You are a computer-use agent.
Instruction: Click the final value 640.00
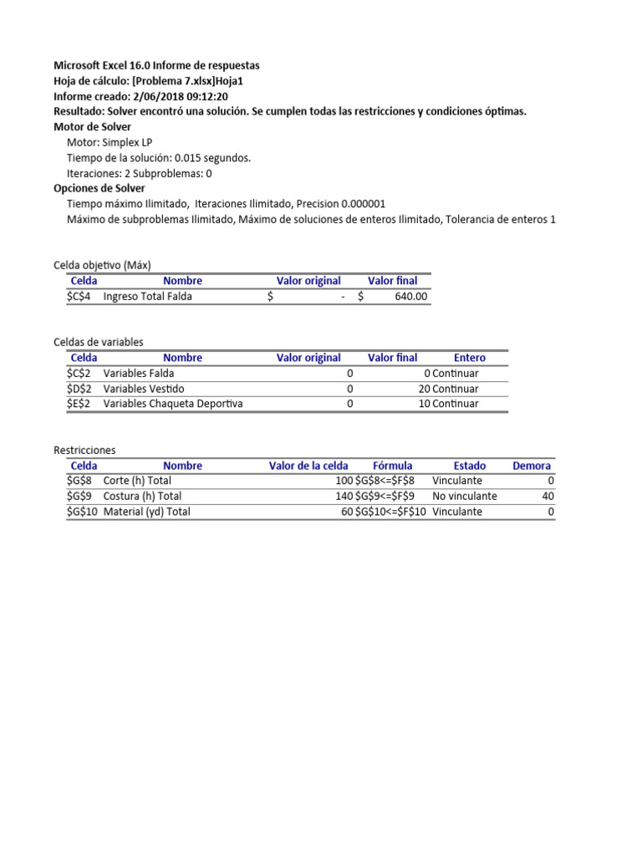coord(410,296)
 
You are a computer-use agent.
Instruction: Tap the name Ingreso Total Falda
coord(147,296)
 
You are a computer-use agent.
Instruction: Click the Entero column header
coord(469,358)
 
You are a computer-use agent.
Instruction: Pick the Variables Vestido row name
coord(144,389)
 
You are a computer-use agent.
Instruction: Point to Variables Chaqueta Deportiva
coord(172,404)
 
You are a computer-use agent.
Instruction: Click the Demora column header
coord(532,466)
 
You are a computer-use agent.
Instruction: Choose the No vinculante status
coord(465,496)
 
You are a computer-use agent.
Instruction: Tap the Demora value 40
coord(548,496)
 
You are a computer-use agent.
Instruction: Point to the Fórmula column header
coord(392,466)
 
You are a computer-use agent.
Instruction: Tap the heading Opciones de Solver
coord(99,188)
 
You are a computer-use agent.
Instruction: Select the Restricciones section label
coord(84,450)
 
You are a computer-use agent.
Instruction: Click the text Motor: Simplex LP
coord(110,142)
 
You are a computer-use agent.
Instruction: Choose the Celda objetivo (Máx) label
coord(102,265)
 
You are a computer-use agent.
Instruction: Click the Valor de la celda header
coord(308,466)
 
